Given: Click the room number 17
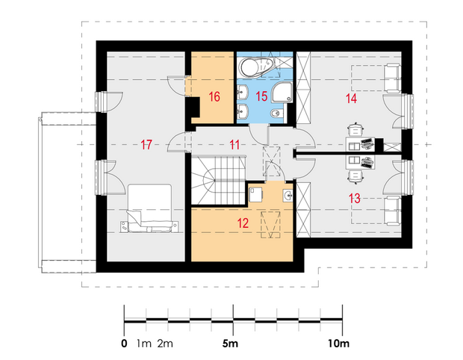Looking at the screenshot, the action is point(146,145).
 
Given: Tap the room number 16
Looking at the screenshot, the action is point(214,96).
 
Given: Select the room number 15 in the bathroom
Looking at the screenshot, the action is point(261,96).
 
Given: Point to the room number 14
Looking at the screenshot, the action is point(351,99).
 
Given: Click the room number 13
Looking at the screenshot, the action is point(354,198).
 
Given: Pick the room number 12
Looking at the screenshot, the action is point(243,223).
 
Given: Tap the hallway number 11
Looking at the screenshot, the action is point(234,145).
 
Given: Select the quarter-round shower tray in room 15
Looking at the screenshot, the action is point(282,93).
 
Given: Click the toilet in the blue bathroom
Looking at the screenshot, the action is point(276,113).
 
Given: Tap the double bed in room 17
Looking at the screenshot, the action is point(149,208).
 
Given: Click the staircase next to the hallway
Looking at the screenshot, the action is point(219,180).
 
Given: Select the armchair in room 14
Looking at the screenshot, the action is point(392,78).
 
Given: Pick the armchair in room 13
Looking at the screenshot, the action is point(392,211).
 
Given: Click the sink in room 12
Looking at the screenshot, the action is point(288,195).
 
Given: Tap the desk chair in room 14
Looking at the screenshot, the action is point(355,129).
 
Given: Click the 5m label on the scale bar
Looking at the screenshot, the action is point(230,344).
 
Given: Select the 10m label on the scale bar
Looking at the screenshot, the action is point(338,344).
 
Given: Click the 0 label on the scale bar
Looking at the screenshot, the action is point(124,344).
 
